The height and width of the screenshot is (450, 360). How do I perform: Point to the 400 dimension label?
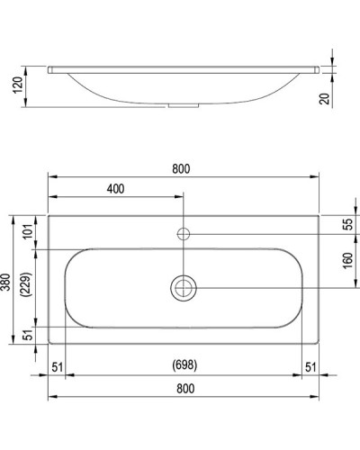coord(115,189)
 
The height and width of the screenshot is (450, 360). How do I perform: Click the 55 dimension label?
coord(347,224)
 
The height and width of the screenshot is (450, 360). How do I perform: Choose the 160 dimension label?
coord(347,260)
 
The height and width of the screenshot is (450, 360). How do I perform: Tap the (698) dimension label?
coord(184,365)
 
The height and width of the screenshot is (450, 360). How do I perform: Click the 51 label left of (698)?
coord(58,365)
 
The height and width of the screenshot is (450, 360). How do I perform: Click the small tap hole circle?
coord(183,234)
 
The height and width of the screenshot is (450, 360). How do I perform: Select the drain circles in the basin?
coord(183,287)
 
